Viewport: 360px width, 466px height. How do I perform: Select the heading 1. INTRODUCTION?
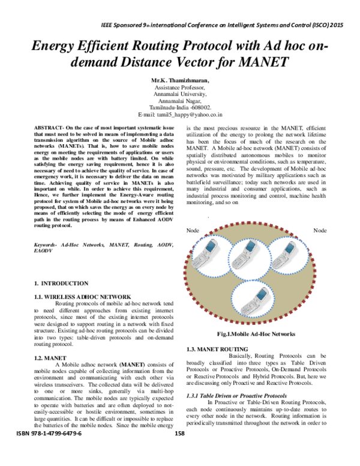point(61,283)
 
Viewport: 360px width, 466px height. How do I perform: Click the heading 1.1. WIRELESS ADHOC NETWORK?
point(82,297)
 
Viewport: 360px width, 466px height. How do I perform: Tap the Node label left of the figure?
point(193,214)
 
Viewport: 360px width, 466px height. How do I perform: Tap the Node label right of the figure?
point(320,214)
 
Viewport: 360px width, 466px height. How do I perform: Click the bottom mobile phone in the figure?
point(262,298)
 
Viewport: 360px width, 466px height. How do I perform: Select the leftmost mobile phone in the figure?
point(212,252)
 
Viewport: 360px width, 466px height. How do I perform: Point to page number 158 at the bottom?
point(179,450)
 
